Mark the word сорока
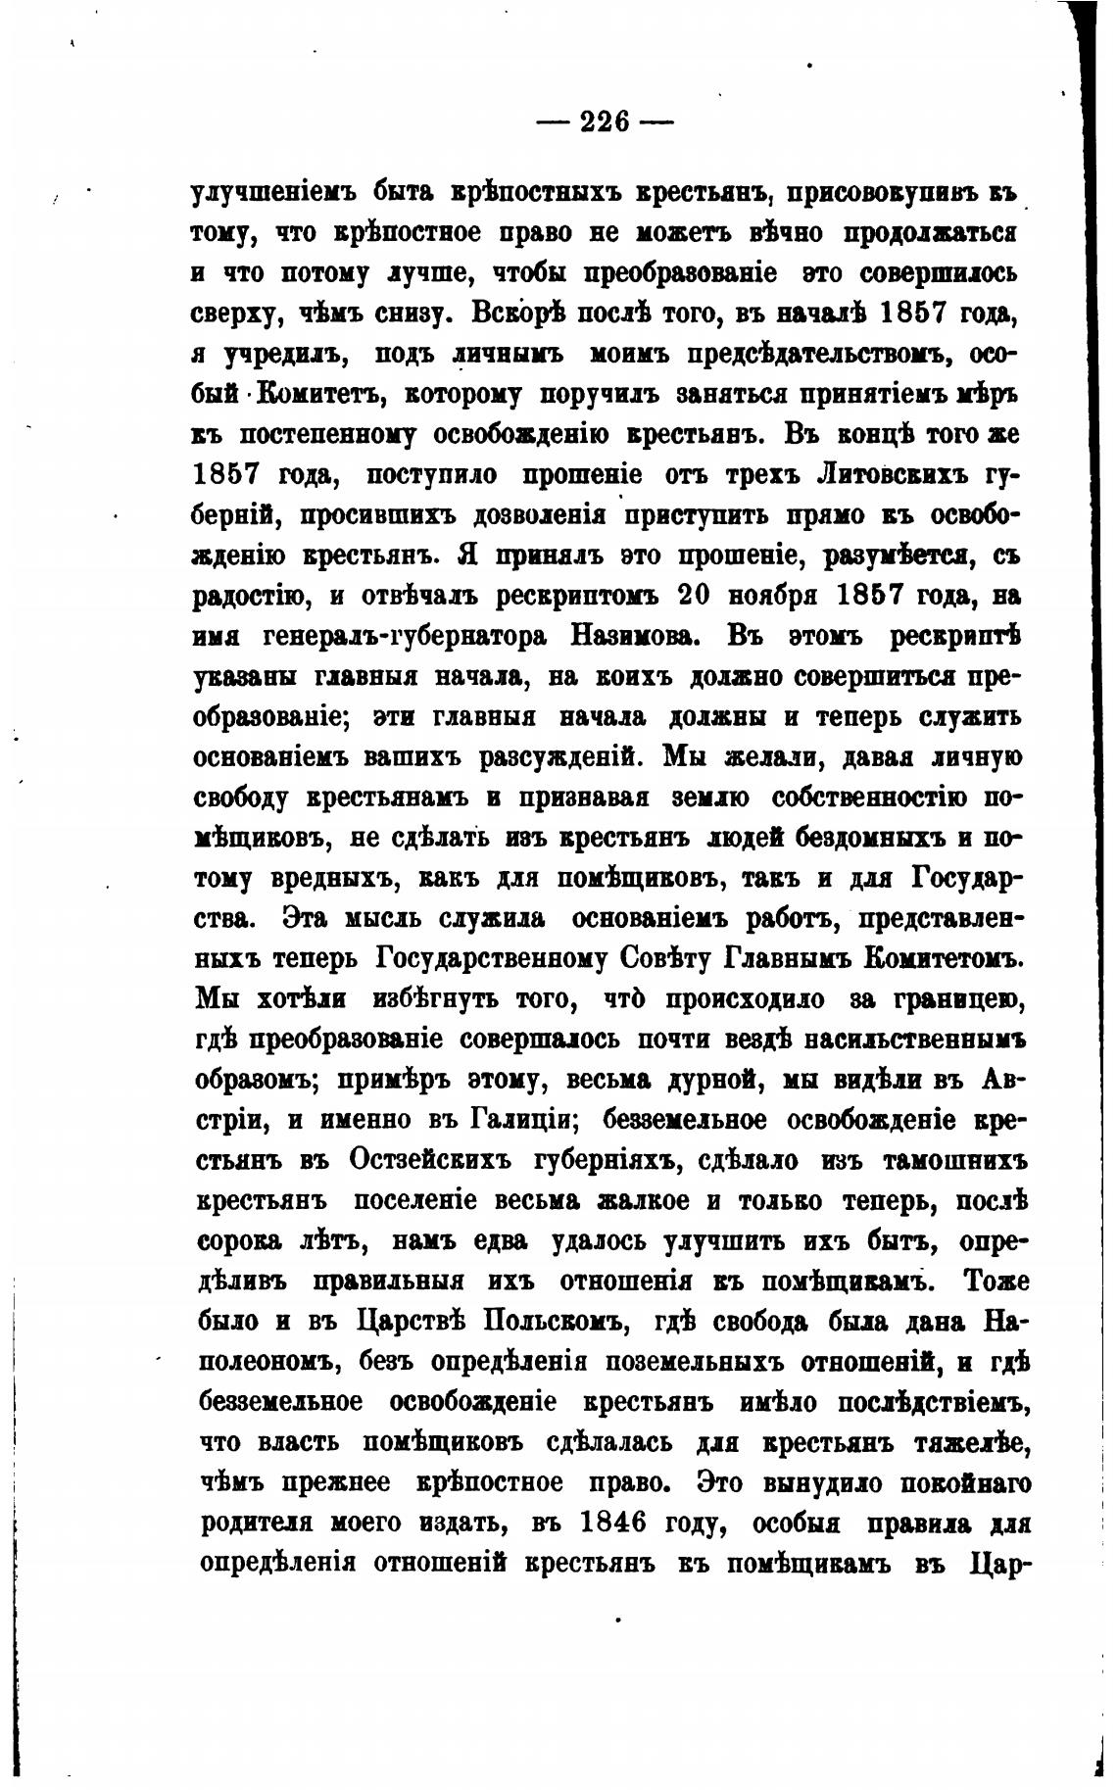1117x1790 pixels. tap(240, 1241)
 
